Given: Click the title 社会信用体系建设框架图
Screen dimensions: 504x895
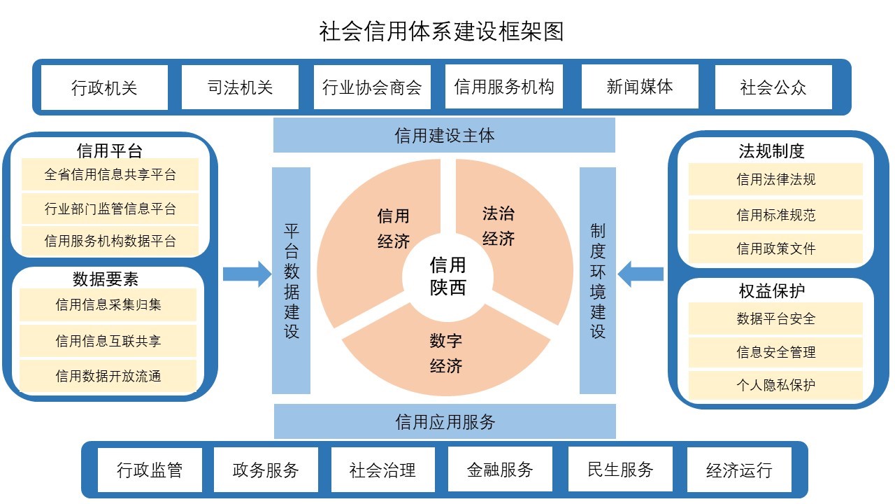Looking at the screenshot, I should click(441, 31).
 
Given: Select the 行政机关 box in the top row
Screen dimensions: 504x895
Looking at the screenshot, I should click(104, 87).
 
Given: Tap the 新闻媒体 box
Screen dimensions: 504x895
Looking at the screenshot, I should click(640, 87).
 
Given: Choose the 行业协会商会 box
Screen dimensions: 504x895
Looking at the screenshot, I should click(372, 87).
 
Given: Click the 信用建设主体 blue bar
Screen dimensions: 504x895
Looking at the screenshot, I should click(444, 135).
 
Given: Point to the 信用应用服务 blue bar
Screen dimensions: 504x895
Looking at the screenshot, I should click(445, 421).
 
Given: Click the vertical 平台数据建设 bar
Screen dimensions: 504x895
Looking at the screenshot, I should click(292, 280).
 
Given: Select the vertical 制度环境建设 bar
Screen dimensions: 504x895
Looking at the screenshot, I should click(598, 280).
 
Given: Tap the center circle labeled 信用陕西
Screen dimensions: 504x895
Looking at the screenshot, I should click(447, 276).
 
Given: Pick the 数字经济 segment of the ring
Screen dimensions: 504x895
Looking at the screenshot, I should click(446, 353).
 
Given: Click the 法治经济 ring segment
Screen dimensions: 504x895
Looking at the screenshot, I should click(499, 225).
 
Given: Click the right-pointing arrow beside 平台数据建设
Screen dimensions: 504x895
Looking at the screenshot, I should click(246, 274).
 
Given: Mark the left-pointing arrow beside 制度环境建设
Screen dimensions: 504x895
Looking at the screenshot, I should click(640, 274).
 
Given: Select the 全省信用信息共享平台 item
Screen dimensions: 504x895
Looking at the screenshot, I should click(110, 174).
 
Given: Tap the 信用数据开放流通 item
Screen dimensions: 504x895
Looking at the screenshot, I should click(108, 376).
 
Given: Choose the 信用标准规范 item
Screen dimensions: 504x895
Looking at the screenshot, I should click(775, 215).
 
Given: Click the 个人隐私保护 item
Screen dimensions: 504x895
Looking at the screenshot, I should click(775, 385).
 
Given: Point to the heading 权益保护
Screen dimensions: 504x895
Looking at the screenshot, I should click(771, 290).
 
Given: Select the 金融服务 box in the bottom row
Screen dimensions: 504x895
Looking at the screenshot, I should click(499, 469).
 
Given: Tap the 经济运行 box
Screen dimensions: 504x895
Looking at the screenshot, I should click(739, 469).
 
